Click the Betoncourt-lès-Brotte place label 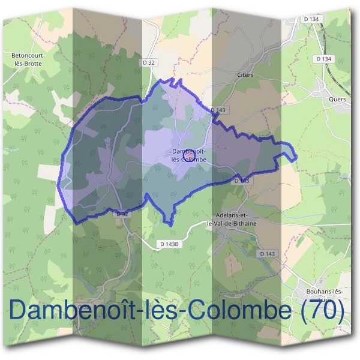click(x=28, y=59)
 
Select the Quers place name click(x=338, y=100)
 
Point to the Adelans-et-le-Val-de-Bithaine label click(x=231, y=219)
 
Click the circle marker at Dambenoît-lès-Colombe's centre click(x=188, y=155)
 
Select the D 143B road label click(x=170, y=244)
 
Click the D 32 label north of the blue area click(x=149, y=62)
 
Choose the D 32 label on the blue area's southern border click(x=122, y=214)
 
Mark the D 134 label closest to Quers click(x=323, y=59)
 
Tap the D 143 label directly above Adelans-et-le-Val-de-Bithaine click(x=242, y=181)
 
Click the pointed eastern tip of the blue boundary click(x=296, y=157)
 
